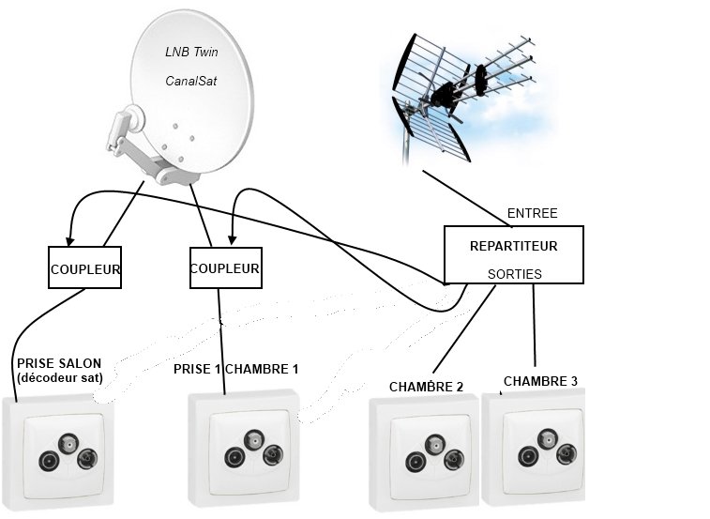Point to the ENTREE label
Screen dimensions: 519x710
[532, 213]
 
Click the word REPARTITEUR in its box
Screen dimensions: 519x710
[513, 246]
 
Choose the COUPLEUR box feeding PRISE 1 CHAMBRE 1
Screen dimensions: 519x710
[225, 268]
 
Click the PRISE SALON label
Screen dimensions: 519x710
[58, 363]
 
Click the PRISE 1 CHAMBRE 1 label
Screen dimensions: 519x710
[235, 369]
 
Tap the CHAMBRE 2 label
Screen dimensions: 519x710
[427, 387]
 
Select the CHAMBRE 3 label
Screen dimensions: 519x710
[540, 381]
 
